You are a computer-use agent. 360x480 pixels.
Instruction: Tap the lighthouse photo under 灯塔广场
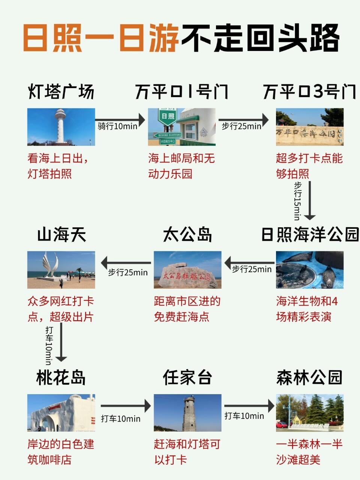(61, 127)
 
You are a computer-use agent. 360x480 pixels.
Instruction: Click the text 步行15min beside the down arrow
(297, 201)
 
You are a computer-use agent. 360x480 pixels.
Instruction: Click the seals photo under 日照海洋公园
(309, 270)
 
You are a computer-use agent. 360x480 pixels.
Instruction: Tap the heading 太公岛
(187, 235)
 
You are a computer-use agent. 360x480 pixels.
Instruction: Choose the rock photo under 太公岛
(187, 270)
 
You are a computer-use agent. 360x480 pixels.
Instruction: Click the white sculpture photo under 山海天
(61, 270)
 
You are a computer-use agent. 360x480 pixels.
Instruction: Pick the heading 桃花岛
(61, 378)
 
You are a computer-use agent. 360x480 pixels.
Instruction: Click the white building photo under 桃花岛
(61, 412)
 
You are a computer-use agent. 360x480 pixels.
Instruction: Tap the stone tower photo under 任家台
(187, 412)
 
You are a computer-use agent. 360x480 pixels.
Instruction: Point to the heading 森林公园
(309, 378)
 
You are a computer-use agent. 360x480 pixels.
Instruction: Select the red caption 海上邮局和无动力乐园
(181, 166)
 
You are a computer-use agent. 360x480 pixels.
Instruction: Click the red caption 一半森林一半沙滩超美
(309, 452)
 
